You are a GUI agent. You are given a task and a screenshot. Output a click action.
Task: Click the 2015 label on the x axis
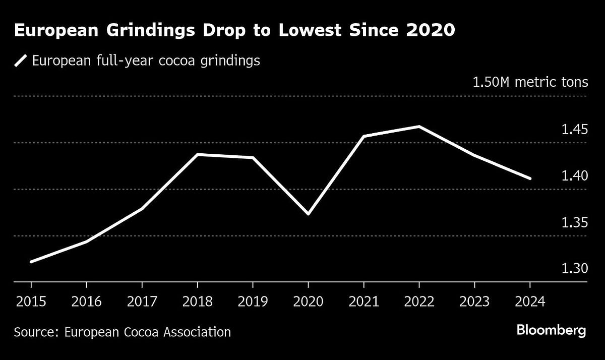(31, 302)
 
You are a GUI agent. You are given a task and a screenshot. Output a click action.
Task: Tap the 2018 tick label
(197, 302)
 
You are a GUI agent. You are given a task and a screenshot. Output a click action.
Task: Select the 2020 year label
(308, 302)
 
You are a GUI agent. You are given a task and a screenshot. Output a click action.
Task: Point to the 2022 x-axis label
(419, 302)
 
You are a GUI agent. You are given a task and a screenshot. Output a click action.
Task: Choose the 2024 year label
(530, 302)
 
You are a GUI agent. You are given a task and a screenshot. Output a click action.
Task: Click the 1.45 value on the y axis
(575, 130)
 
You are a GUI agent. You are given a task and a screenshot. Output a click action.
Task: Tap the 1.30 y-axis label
(575, 269)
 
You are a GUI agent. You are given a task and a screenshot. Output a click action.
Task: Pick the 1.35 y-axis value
(575, 222)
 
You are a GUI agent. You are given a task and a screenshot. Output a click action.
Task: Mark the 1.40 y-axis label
(575, 176)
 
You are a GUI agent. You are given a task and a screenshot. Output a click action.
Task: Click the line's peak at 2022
(419, 127)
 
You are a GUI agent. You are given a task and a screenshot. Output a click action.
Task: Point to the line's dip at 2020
(308, 214)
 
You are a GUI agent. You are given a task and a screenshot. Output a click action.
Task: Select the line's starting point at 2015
(31, 262)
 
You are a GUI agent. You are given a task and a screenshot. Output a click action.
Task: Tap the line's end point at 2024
(530, 178)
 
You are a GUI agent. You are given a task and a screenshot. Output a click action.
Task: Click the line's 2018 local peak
(197, 155)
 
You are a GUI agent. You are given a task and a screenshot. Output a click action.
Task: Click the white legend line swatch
(20, 61)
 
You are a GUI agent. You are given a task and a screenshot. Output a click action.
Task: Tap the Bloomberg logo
(551, 331)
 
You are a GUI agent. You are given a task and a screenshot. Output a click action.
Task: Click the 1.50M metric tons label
(530, 82)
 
